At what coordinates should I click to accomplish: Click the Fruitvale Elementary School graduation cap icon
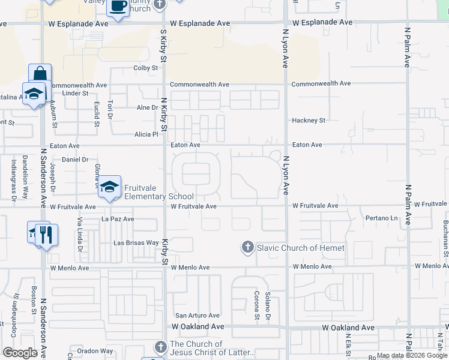110,187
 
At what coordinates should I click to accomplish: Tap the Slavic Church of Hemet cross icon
247,247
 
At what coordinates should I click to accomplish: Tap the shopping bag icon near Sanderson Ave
40,74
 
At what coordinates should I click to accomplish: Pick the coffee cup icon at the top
118,7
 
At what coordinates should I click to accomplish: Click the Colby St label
145,68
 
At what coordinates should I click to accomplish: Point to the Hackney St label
309,121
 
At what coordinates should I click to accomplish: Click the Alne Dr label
147,107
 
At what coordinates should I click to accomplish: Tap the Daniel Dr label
75,160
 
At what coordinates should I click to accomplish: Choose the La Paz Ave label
118,219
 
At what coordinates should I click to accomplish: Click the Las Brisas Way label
136,243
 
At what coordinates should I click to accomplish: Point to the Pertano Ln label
382,218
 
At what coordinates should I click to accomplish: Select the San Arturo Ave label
197,315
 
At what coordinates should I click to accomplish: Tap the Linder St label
75,93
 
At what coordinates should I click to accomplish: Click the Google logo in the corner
20,353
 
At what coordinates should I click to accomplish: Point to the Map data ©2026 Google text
412,355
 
